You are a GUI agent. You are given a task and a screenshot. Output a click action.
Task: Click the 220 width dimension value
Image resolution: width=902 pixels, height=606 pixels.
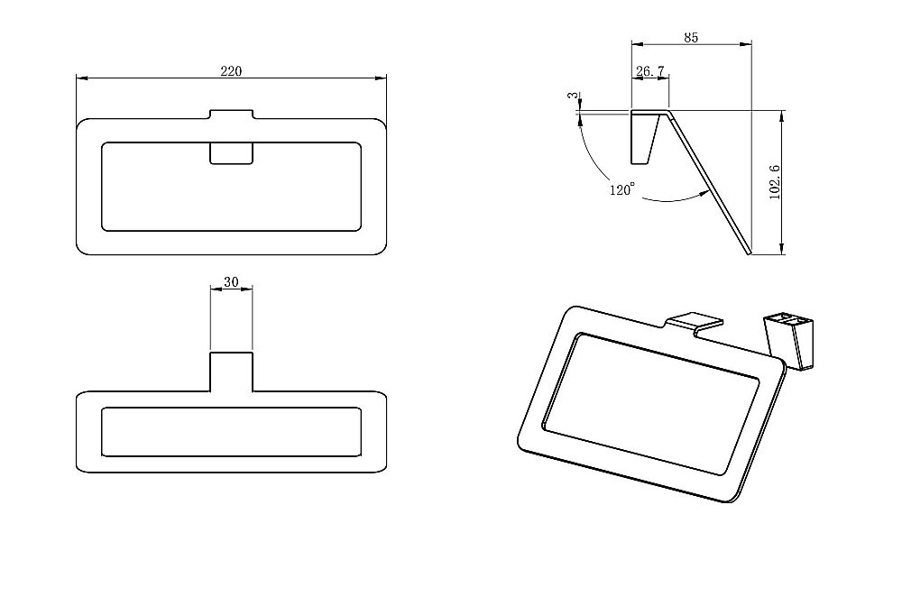(x=231, y=71)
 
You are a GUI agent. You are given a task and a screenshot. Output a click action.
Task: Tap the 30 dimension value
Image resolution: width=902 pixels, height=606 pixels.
(x=231, y=281)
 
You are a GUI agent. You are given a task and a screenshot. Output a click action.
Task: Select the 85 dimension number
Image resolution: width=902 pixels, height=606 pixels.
(x=691, y=37)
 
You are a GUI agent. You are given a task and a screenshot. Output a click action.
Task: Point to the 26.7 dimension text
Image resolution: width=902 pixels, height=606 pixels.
(x=650, y=71)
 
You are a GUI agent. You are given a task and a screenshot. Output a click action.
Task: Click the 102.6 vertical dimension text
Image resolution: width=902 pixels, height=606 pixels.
(x=774, y=182)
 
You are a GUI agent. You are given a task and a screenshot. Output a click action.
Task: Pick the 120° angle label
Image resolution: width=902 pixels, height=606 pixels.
(x=621, y=189)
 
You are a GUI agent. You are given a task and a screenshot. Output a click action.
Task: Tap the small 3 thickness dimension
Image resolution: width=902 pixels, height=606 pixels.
(x=572, y=96)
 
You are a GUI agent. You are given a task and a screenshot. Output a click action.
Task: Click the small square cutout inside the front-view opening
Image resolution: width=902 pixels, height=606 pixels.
(x=231, y=153)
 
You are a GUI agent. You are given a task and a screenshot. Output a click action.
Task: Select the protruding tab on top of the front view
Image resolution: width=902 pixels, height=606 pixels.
(x=231, y=115)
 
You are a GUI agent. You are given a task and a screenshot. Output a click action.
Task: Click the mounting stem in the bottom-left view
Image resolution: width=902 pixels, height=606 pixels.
(x=231, y=372)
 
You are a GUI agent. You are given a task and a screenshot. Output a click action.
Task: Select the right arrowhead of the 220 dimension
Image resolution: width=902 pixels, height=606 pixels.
(x=381, y=78)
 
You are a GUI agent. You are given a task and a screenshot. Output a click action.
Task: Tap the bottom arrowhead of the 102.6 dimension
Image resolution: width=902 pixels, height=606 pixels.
(x=781, y=248)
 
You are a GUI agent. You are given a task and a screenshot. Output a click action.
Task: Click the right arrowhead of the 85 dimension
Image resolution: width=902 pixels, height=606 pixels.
(x=746, y=43)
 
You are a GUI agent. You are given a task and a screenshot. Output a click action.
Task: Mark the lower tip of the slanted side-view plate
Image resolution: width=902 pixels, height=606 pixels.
(x=750, y=253)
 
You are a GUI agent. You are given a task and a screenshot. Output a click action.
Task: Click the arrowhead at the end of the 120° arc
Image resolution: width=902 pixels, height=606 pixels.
(x=704, y=194)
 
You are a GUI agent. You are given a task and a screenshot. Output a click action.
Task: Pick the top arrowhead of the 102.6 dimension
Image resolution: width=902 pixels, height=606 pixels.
(x=781, y=116)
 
